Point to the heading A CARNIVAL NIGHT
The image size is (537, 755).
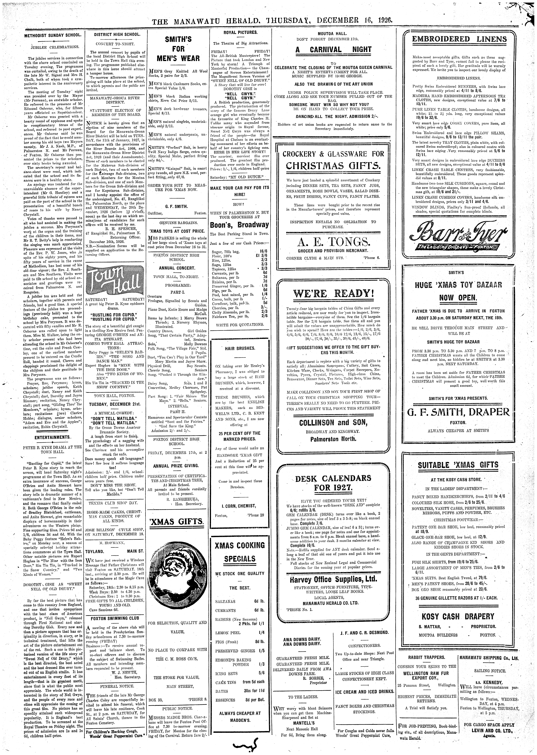coord(333,50)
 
